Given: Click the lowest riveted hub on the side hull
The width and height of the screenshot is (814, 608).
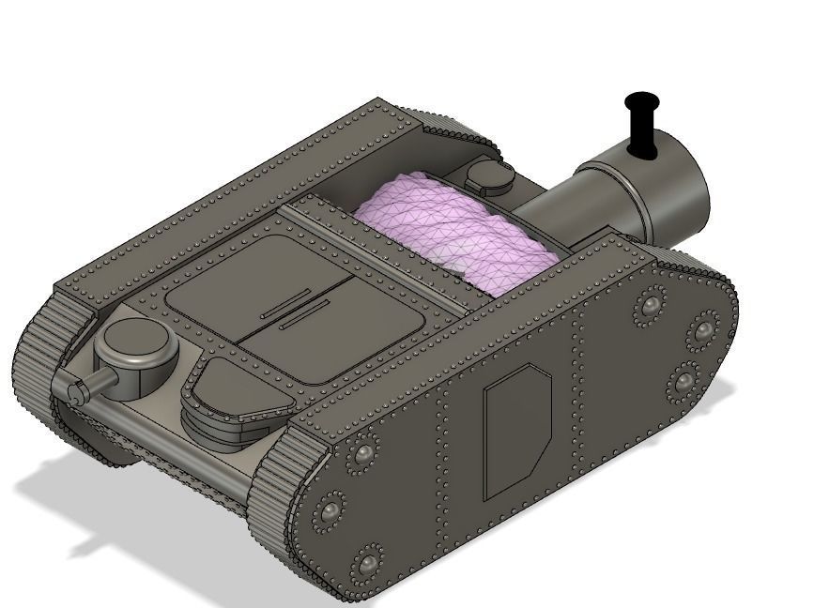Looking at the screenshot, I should (366, 563).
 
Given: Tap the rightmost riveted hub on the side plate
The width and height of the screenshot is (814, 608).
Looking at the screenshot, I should (703, 331).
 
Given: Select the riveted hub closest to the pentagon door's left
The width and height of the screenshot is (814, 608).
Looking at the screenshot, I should (361, 456).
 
